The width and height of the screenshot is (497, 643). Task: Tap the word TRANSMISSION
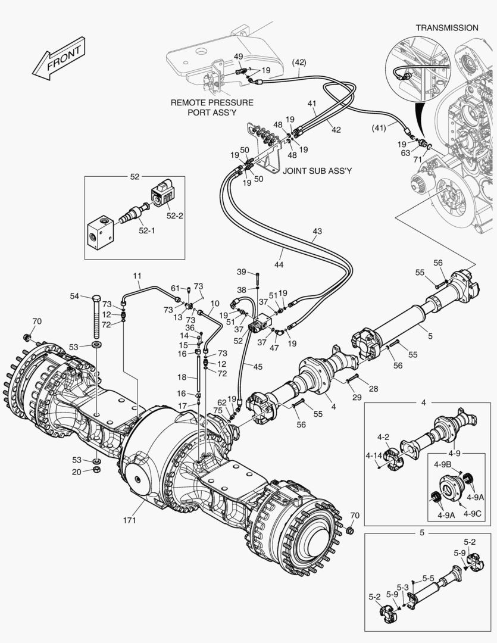(x=446, y=27)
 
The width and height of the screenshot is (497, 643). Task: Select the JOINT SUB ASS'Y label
(x=317, y=171)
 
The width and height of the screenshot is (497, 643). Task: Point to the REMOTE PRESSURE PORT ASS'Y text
(x=212, y=107)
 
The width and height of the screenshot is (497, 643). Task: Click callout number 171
(x=130, y=520)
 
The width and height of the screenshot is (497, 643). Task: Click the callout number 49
(x=237, y=57)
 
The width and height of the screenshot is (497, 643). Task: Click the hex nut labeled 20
(x=96, y=470)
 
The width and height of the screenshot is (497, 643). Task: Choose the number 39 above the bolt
(x=241, y=272)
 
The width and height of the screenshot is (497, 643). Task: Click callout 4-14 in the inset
(x=374, y=455)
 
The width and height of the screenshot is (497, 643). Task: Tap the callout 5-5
(x=429, y=578)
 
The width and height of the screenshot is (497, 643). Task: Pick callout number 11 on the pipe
(x=137, y=276)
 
